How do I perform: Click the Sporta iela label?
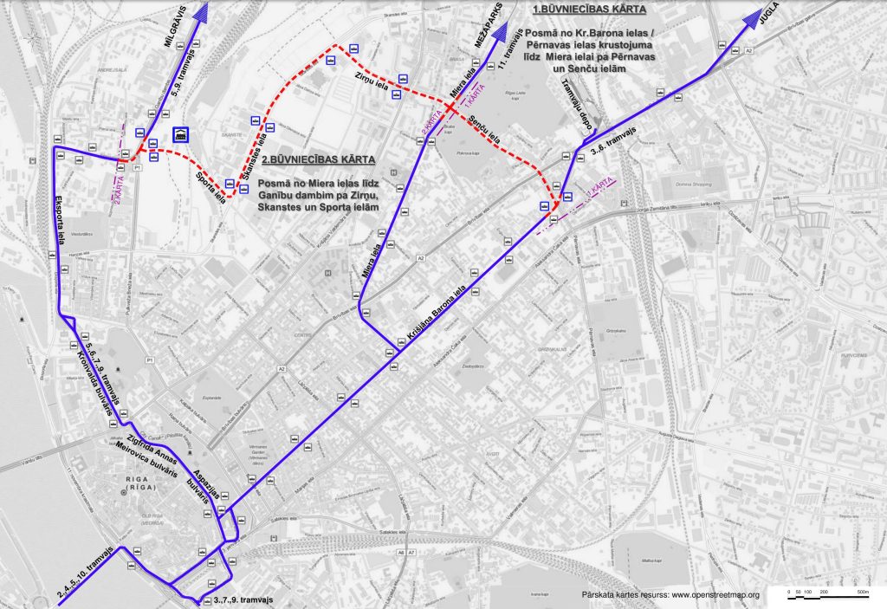[x=206, y=184]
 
